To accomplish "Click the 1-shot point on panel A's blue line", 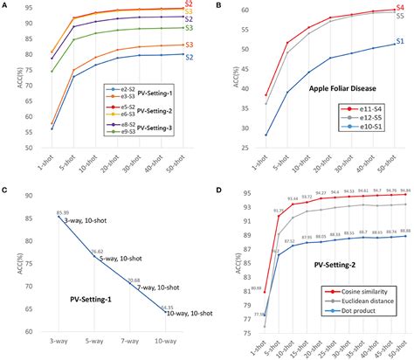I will click(52, 128).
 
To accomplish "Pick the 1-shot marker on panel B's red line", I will click(266, 95).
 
